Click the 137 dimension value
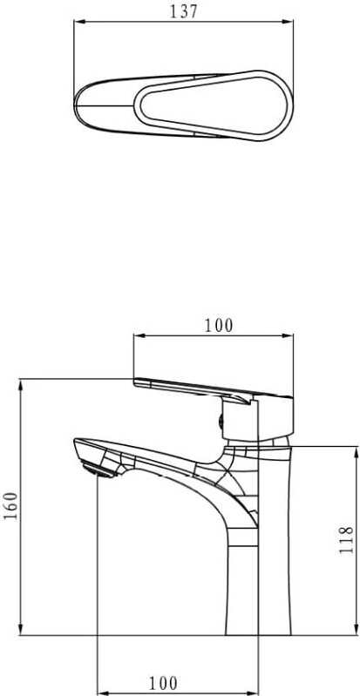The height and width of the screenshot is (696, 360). click(183, 11)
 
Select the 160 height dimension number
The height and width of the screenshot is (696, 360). click(11, 506)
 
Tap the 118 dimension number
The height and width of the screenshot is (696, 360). click(346, 540)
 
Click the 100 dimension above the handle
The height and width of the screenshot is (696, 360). click(218, 326)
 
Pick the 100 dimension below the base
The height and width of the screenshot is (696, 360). click(163, 683)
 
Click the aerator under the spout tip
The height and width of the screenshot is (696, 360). click(98, 470)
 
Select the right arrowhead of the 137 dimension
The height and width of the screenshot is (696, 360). click(288, 21)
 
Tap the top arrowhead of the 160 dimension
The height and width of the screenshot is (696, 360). click(20, 385)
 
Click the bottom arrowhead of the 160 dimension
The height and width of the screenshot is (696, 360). click(20, 629)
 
